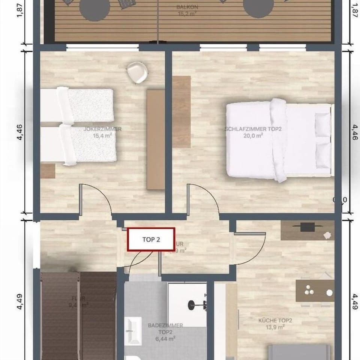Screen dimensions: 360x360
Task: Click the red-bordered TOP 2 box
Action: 151,239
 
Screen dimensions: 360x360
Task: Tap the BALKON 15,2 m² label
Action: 187,10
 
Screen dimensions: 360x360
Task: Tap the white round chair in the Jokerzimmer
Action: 136,72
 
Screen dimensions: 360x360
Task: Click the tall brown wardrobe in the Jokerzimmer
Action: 156,139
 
